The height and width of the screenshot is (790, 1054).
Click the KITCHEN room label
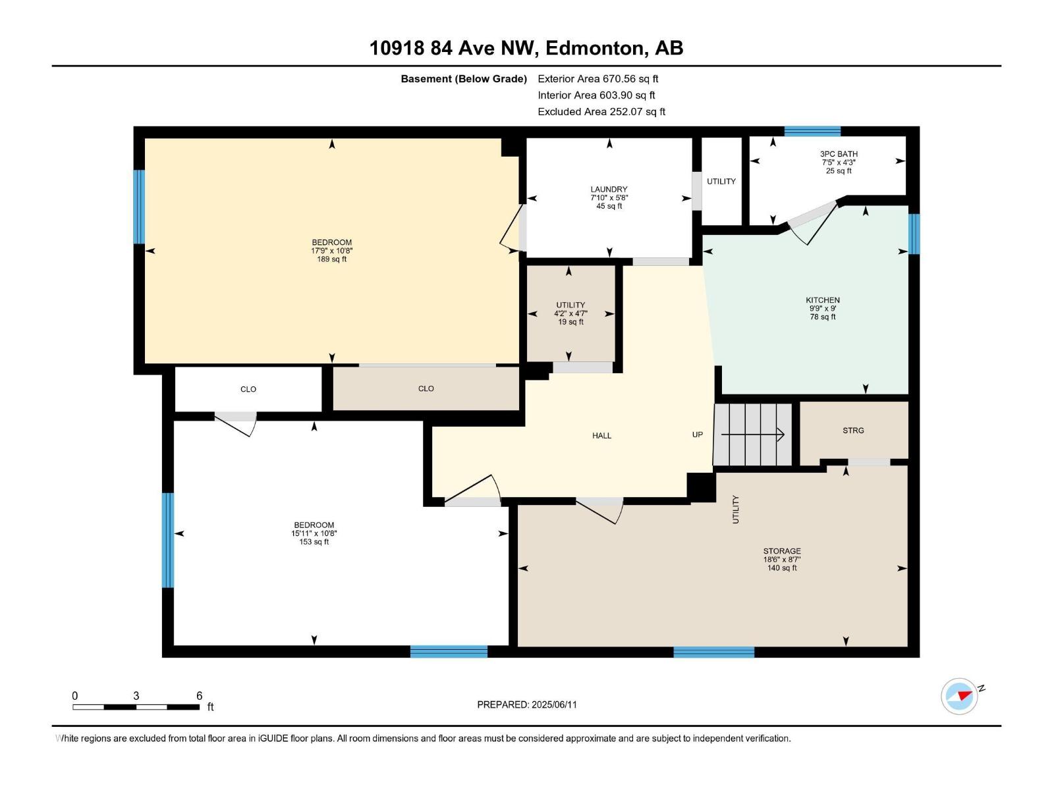823,300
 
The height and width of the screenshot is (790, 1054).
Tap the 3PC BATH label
839,154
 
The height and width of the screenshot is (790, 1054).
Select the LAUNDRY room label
609,190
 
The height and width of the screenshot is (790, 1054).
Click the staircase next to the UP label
753,434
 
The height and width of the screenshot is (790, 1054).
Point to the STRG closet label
853,431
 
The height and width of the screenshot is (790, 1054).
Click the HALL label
601,436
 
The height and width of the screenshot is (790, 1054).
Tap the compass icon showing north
959,696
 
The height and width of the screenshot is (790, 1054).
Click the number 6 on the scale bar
199,696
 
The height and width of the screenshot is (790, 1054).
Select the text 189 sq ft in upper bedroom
331,259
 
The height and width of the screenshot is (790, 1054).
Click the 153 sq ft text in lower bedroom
314,542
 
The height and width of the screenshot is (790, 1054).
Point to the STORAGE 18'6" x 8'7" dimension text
782,560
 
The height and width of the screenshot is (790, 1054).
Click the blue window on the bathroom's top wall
812,131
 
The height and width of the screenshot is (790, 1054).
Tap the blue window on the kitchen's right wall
914,234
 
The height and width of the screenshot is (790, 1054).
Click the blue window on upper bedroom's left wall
139,207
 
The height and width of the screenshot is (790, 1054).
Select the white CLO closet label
248,390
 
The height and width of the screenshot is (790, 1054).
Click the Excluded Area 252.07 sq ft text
601,112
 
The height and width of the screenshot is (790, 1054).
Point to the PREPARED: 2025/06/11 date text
526,704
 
